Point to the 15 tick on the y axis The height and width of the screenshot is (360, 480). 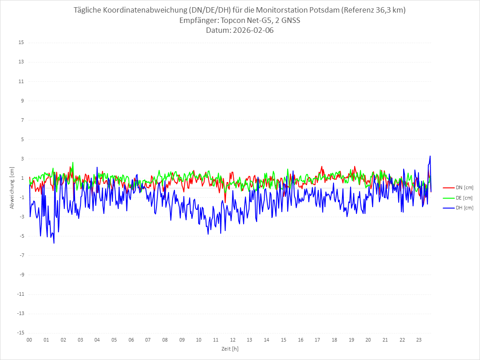coord(21,43)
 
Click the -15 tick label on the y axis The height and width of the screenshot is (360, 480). coord(20,333)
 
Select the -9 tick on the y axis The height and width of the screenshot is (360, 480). coord(21,275)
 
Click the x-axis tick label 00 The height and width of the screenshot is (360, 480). coord(29,340)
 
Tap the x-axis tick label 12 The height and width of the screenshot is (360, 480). coord(233,340)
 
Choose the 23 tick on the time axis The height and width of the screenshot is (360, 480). coord(419,340)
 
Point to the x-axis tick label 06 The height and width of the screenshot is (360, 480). coord(131,340)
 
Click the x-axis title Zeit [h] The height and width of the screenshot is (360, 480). coord(230,348)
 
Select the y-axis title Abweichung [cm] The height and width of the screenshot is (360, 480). coord(12,187)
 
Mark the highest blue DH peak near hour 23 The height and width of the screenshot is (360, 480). coord(430,156)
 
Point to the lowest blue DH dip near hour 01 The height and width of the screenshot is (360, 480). coord(54,243)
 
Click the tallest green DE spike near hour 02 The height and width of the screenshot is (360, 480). coord(73,162)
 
